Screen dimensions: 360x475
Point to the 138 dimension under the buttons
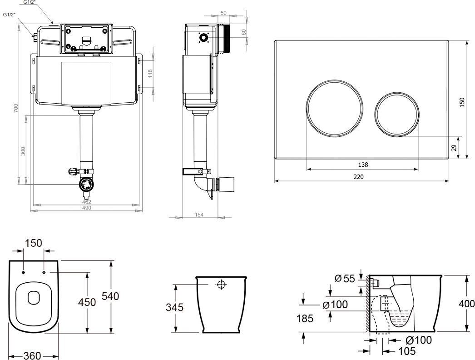(x=363, y=165)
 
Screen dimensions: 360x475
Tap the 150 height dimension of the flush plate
(x=463, y=102)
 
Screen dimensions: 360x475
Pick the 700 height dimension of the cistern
(x=16, y=108)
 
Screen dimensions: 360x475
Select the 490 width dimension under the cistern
(x=86, y=208)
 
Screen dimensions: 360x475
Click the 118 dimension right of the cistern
(x=150, y=73)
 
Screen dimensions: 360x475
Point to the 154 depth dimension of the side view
(x=198, y=215)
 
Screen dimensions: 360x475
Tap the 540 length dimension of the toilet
(x=110, y=296)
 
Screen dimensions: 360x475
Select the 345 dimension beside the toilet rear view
(x=174, y=308)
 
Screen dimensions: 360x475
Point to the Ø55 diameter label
(x=345, y=279)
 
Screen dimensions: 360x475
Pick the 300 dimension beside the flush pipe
(x=23, y=151)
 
